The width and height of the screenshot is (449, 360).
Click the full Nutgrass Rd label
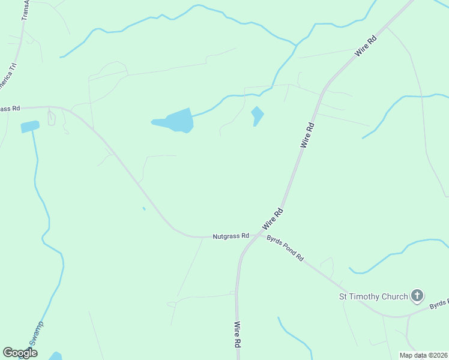[x=231, y=236]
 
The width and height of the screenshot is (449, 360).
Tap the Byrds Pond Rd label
[x=285, y=247]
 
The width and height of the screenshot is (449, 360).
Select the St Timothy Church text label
[x=373, y=296]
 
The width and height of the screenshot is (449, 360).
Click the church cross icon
[x=417, y=295]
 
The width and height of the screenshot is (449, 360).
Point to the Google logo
[x=20, y=353]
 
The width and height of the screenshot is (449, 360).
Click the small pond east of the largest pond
[x=258, y=115]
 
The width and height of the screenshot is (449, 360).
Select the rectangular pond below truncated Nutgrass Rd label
[x=29, y=127]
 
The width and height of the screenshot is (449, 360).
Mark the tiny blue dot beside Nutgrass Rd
[x=143, y=209]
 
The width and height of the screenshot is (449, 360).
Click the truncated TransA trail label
[x=25, y=10]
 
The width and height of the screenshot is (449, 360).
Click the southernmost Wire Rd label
[x=238, y=335]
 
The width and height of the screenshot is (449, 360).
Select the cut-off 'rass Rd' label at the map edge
[x=10, y=109]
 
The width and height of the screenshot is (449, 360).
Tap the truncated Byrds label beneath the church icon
[x=439, y=305]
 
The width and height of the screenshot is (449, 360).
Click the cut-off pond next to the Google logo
[x=55, y=356]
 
